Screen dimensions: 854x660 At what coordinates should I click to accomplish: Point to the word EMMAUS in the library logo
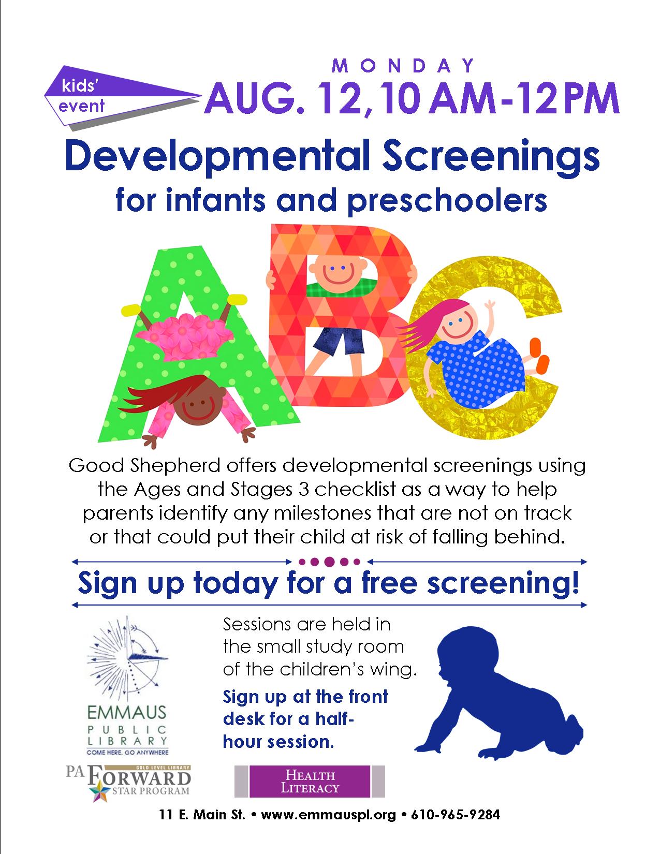[127, 714]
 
